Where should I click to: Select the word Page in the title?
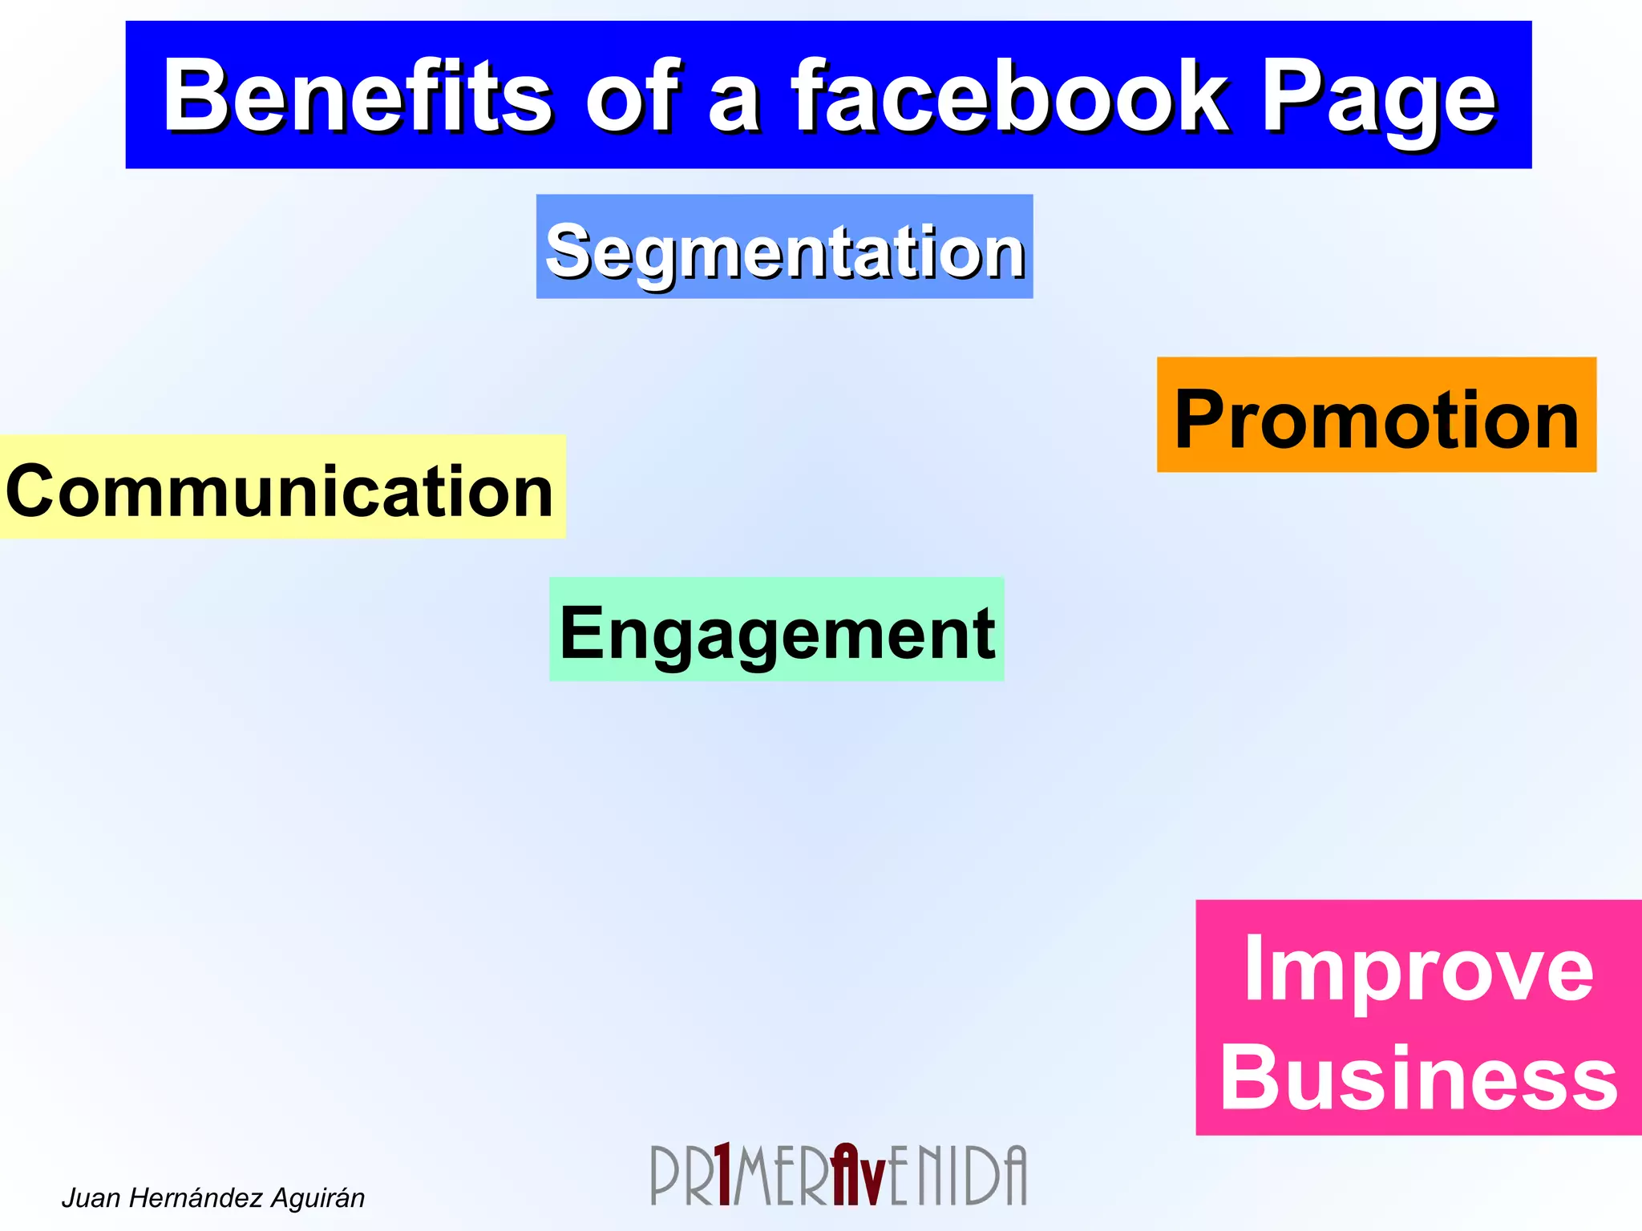[1378, 100]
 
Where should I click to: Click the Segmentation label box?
[784, 247]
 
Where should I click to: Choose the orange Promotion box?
[1376, 415]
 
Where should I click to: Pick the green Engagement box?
[776, 630]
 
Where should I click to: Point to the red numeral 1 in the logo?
[722, 1174]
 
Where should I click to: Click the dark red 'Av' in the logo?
[858, 1174]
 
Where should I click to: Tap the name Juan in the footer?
[91, 1198]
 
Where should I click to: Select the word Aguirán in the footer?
[317, 1198]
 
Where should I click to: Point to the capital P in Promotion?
[1200, 419]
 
